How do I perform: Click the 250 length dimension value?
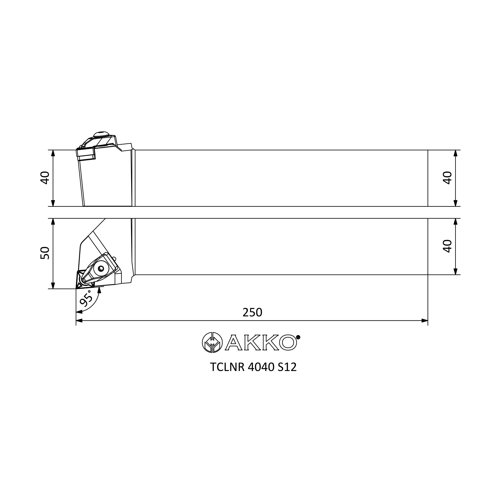(252, 312)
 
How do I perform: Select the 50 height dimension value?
(45, 253)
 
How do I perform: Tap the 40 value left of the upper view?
(45, 178)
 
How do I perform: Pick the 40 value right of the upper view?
(448, 178)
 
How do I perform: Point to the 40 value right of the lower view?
(448, 246)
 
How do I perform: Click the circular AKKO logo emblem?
(212, 342)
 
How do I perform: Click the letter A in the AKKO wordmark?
(234, 342)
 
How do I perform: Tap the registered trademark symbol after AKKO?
(298, 337)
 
